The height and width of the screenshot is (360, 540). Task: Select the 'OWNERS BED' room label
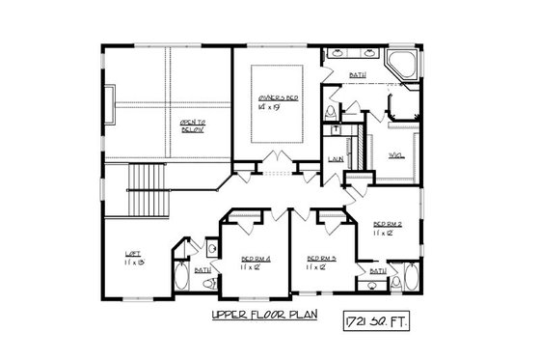tap(278, 98)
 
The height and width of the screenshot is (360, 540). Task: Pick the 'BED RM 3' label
tap(321, 258)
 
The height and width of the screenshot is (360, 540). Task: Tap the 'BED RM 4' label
tap(255, 258)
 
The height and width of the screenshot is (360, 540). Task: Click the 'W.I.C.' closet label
tap(395, 154)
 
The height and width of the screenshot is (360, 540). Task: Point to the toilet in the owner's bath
tap(332, 115)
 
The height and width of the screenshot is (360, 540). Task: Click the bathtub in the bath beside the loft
tap(183, 277)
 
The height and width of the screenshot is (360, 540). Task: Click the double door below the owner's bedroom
tap(279, 158)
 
